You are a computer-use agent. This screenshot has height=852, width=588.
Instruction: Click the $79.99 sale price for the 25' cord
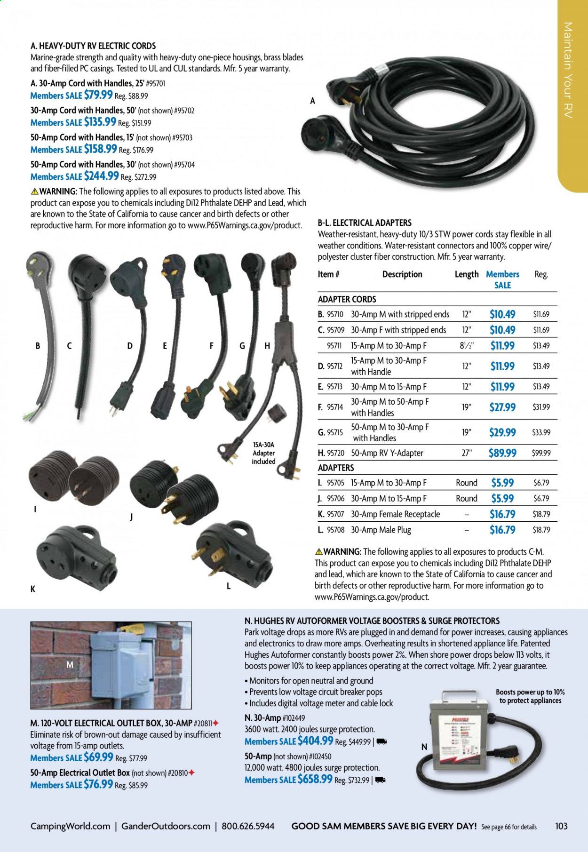98,95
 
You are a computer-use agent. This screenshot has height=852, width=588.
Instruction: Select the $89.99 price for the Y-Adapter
502,453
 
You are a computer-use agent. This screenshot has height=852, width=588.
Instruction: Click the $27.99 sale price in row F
502,407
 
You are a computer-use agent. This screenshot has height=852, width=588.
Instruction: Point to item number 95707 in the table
336,514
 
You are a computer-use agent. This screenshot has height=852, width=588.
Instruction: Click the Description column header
402,274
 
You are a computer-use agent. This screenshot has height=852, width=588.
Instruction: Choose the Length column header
466,274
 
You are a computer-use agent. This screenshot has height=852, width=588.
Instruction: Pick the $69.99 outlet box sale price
98,757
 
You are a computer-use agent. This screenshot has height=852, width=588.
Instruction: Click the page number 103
561,826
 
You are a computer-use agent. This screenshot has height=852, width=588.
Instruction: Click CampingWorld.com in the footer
70,826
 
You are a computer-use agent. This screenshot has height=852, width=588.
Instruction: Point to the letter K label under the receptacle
33,589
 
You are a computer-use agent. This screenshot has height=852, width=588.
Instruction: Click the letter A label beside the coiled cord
312,101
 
